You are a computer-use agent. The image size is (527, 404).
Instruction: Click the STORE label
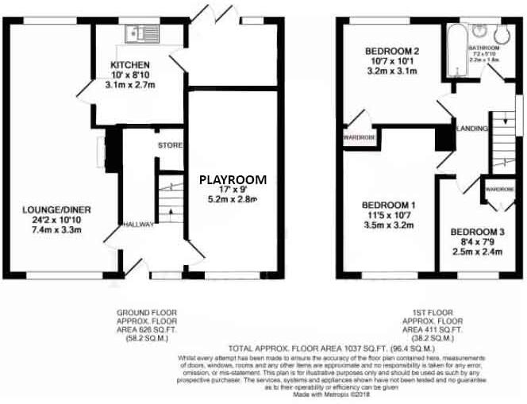pos(170,146)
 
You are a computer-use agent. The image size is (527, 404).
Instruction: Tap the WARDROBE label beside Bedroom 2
pos(359,137)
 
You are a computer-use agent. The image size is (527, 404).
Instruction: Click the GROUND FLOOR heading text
pos(148,313)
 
